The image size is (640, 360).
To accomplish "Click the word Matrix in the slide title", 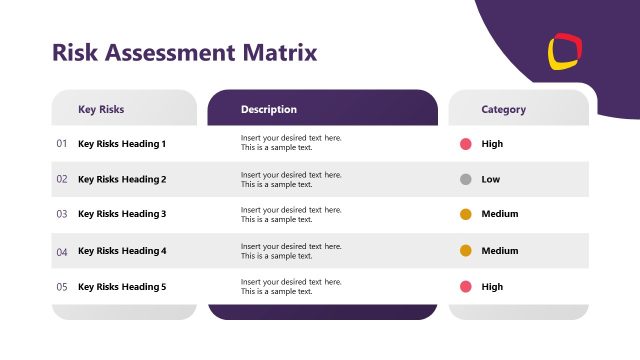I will [279, 52].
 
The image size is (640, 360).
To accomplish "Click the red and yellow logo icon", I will [565, 51].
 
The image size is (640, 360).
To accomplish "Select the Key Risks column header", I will [101, 109].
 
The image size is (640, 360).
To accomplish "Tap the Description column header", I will [269, 109].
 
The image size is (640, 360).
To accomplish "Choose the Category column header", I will [503, 109].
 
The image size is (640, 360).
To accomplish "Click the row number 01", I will [62, 144].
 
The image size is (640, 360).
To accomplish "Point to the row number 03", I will [62, 214].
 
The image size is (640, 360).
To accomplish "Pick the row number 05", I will [62, 287].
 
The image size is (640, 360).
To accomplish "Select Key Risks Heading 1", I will [122, 144].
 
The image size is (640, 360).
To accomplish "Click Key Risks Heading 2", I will [122, 179].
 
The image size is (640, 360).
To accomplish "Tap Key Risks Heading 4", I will [122, 251].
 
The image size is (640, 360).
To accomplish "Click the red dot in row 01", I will [466, 144].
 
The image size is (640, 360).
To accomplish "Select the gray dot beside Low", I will [466, 179].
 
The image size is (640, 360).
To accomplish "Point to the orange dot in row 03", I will [466, 214].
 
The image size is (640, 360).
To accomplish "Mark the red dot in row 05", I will [466, 287].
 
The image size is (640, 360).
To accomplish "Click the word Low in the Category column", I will [491, 179].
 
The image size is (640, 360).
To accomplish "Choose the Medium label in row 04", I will [500, 251].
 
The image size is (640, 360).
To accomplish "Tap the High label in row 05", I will [492, 287].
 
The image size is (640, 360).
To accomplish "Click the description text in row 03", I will [291, 214].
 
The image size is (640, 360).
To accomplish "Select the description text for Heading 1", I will [291, 143].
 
